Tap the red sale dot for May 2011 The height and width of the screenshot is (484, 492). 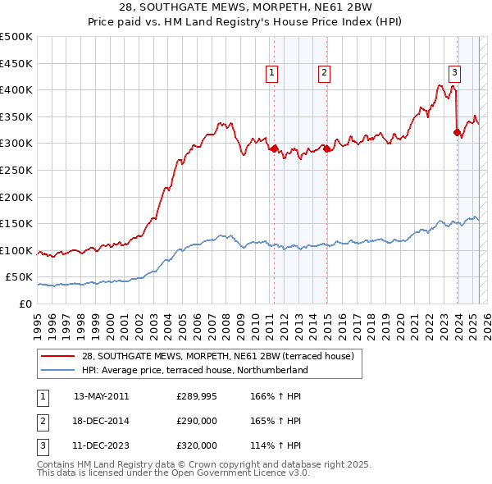pyautogui.click(x=275, y=149)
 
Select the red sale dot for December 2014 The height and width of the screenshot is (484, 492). pyautogui.click(x=327, y=148)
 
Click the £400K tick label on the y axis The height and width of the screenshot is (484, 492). pyautogui.click(x=16, y=89)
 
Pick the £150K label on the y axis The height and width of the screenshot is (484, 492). pyautogui.click(x=16, y=223)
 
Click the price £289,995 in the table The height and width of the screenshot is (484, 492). pyautogui.click(x=197, y=395)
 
